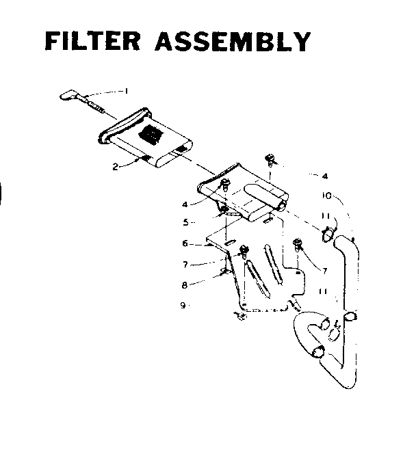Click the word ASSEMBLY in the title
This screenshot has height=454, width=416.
[x=233, y=42]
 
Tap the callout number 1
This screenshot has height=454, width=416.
[x=126, y=90]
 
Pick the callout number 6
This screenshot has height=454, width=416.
[x=185, y=243]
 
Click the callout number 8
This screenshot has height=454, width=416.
[x=183, y=284]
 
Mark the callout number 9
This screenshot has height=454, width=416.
[x=183, y=305]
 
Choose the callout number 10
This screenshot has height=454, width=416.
[x=327, y=196]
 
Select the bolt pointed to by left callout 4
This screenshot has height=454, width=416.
[x=224, y=185]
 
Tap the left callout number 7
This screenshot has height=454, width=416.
[x=185, y=263]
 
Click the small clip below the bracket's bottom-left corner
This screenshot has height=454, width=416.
[x=240, y=315]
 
